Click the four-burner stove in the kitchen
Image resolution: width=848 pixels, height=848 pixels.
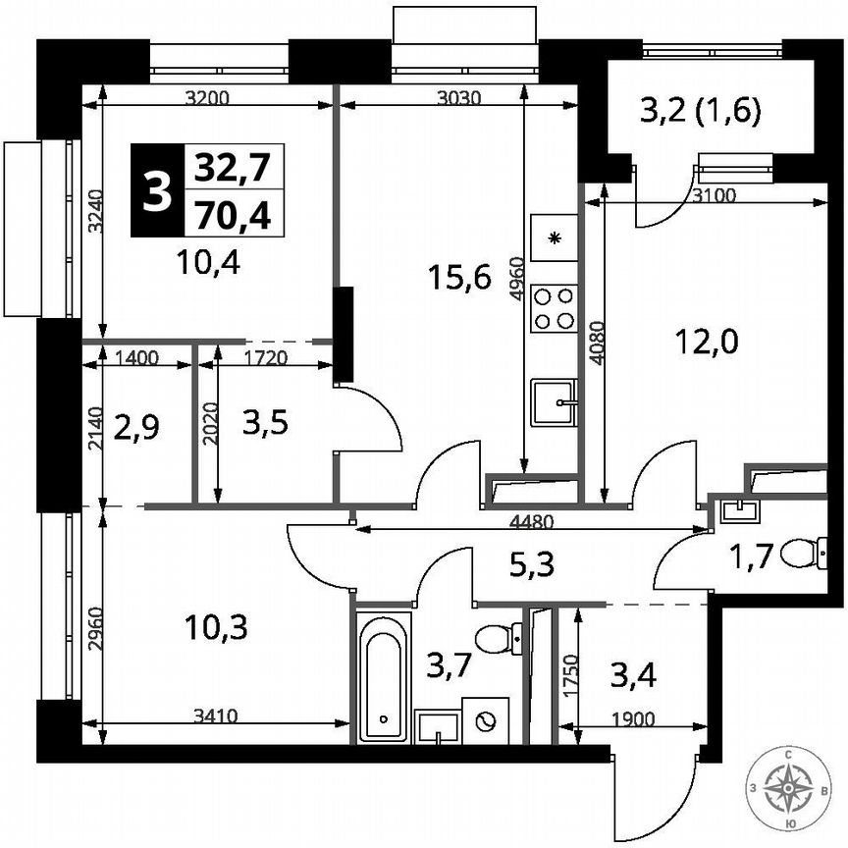click(x=554, y=306)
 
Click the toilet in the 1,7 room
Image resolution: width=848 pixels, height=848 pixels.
click(x=811, y=552)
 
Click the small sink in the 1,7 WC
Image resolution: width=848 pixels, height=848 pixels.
click(x=738, y=509)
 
